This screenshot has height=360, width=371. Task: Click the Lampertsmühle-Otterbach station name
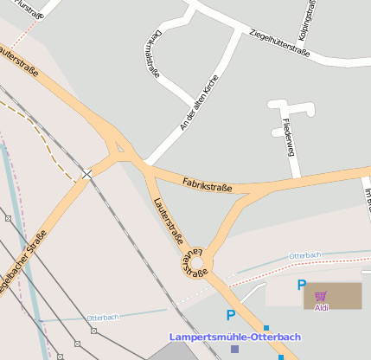point(235,336)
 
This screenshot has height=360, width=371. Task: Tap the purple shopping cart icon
point(321,295)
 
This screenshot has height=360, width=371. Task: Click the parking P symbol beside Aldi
point(301,285)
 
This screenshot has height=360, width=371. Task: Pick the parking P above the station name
point(230,316)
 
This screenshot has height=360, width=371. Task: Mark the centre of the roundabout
point(196,260)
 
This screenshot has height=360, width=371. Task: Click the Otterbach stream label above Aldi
point(305,255)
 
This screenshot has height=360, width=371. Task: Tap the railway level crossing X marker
point(86,175)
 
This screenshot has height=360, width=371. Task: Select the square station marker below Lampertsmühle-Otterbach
point(234,349)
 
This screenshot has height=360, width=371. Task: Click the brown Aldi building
point(342,295)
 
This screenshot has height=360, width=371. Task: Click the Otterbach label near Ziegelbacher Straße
point(102,318)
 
